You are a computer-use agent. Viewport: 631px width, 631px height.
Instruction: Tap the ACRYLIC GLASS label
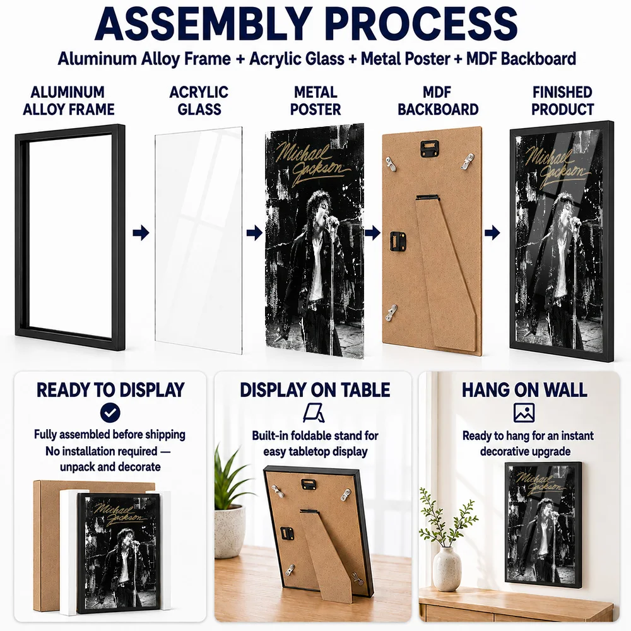pyautogui.click(x=199, y=100)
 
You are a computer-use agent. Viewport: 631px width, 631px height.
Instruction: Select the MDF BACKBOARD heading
pyautogui.click(x=438, y=100)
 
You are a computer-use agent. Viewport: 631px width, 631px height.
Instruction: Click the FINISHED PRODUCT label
pyautogui.click(x=562, y=100)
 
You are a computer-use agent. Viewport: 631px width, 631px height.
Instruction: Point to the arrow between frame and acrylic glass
pyautogui.click(x=141, y=233)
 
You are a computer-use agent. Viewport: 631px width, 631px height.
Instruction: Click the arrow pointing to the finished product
pyautogui.click(x=492, y=233)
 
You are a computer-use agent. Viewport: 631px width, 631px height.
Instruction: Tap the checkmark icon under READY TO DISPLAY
pyautogui.click(x=110, y=413)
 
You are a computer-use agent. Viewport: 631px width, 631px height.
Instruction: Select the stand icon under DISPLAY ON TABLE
pyautogui.click(x=314, y=413)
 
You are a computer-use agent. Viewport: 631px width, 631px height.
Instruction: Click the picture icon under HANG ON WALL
pyautogui.click(x=524, y=413)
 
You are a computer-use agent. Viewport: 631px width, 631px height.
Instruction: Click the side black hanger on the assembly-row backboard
pyautogui.click(x=397, y=242)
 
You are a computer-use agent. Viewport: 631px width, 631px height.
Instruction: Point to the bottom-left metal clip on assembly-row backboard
pyautogui.click(x=392, y=312)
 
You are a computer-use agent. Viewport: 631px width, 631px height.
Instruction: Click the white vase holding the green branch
pyautogui.click(x=447, y=569)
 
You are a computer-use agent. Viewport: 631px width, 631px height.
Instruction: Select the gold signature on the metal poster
pyautogui.click(x=310, y=163)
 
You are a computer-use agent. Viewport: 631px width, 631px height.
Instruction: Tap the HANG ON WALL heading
pyautogui.click(x=524, y=389)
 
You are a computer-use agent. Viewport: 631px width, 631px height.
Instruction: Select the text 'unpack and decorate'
pyautogui.click(x=110, y=467)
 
